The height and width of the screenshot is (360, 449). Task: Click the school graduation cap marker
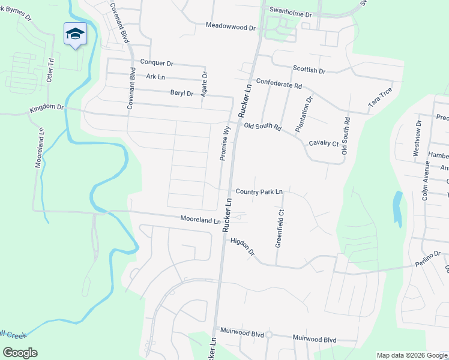75,34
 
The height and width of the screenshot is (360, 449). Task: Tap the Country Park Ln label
259,192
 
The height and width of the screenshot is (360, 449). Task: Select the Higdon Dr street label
243,247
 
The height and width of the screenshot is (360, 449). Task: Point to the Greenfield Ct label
279,228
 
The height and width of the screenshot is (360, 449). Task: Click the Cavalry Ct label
324,143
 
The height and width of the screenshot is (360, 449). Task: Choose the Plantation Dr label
304,114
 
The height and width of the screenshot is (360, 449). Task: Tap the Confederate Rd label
279,85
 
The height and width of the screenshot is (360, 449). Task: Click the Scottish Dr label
309,71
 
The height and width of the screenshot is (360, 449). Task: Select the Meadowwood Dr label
231,26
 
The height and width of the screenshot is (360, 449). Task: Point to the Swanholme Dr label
291,13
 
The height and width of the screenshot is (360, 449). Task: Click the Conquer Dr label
156,62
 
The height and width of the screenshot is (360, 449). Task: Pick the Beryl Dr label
182,94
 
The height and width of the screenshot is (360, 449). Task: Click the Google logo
20,353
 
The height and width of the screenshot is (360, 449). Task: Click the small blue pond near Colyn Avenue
398,209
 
